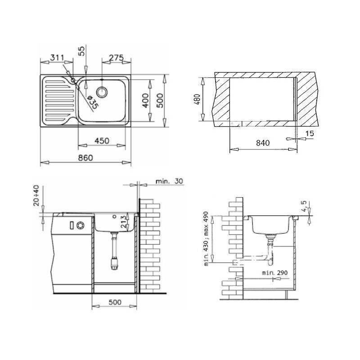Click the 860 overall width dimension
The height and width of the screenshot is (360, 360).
85,158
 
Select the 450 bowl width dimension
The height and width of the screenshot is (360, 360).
102,141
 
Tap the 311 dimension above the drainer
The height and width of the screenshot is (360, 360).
57,58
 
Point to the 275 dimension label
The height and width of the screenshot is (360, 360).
116,58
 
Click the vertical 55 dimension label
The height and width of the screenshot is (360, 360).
81,51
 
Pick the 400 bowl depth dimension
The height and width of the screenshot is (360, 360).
145,100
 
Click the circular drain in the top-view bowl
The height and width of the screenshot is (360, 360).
102,92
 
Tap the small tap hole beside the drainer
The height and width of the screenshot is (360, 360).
73,80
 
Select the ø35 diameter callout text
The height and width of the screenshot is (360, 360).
93,103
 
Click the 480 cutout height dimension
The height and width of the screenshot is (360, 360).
197,99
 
